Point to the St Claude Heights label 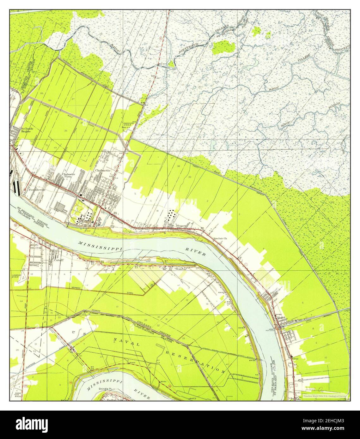coord(26,130)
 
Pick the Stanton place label coord(180,269)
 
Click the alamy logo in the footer coord(28,424)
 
